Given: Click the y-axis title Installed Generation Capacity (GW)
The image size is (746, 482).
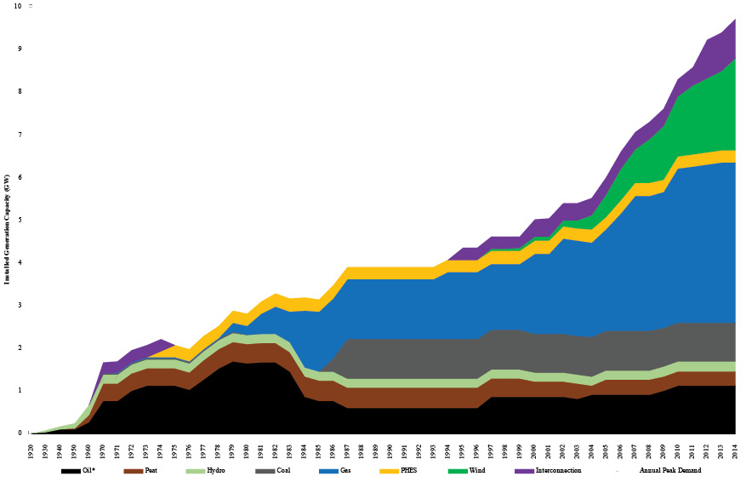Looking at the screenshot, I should [8, 220].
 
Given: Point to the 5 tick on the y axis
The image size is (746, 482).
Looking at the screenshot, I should [19, 220].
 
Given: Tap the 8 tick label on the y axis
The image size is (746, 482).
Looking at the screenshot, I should [19, 91].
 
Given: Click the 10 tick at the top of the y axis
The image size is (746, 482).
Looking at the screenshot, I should [17, 6].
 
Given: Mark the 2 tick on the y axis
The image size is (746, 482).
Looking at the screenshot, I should [19, 347].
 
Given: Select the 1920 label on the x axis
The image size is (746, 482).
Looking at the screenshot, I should [30, 449].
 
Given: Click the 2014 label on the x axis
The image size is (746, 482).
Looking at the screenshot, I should [735, 449].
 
